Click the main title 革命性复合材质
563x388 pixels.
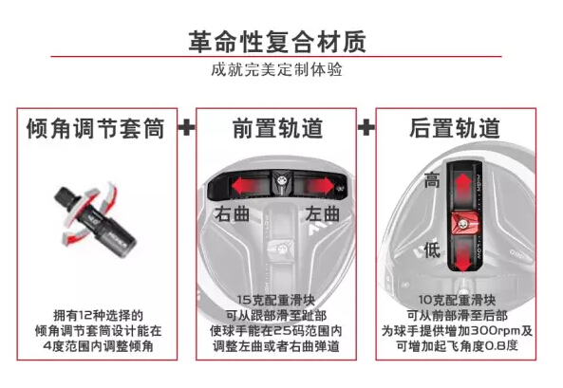click(x=277, y=42)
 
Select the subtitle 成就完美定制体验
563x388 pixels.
click(x=276, y=69)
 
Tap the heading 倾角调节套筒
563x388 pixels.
click(x=96, y=128)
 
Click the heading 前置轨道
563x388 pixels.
click(x=277, y=128)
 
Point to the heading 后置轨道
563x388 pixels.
click(x=455, y=128)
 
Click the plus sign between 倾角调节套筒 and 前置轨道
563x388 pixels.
click(x=187, y=127)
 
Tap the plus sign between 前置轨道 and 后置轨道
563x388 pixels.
click(x=366, y=127)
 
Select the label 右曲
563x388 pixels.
click(x=233, y=214)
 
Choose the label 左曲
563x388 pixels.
click(x=323, y=214)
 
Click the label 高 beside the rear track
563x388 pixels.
click(x=432, y=180)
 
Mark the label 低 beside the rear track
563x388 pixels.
click(x=432, y=249)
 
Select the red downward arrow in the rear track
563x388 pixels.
click(x=463, y=255)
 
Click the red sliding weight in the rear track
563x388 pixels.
click(x=464, y=223)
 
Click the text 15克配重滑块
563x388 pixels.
click(x=275, y=300)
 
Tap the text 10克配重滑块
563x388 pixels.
click(x=457, y=300)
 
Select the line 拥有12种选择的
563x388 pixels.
click(x=98, y=316)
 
